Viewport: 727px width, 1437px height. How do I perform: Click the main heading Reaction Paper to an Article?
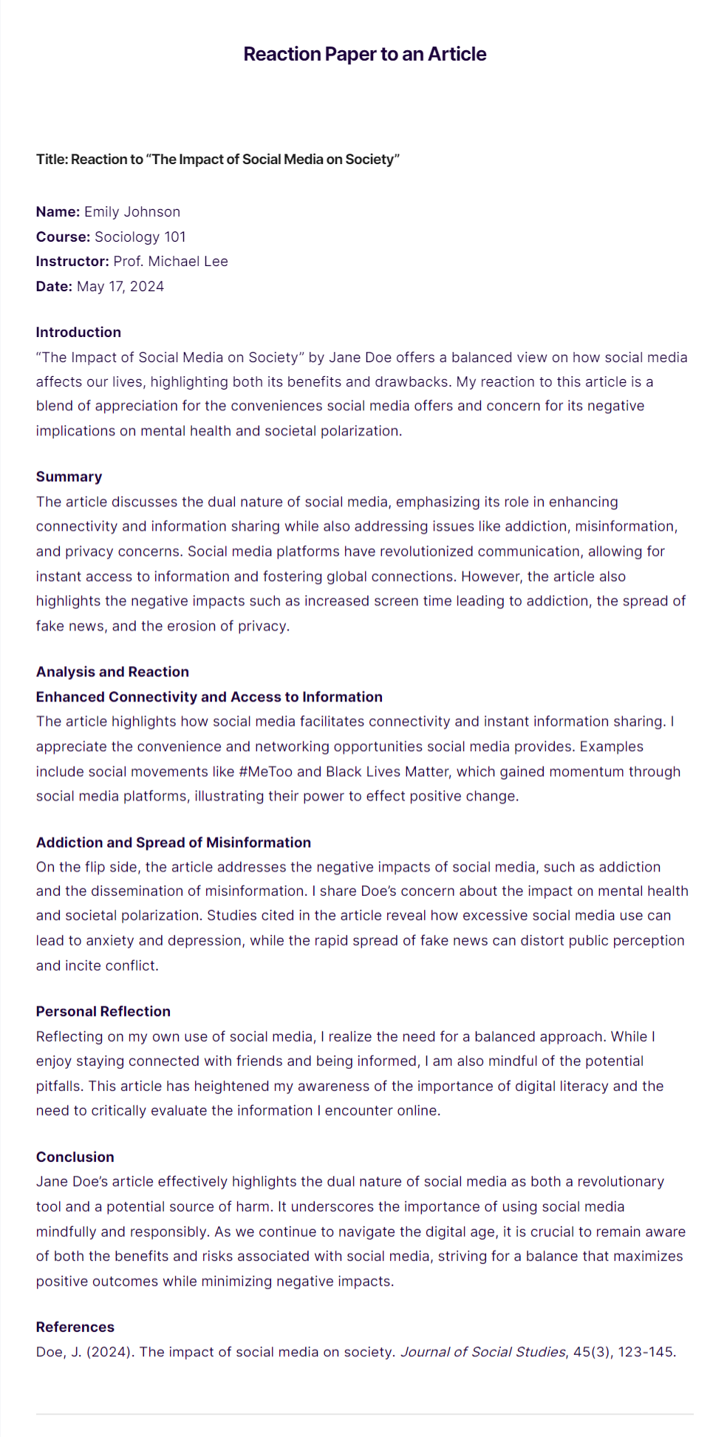click(364, 54)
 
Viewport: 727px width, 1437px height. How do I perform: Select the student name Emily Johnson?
click(132, 212)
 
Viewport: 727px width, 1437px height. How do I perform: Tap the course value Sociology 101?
click(140, 237)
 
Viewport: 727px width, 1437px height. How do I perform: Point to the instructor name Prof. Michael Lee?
click(171, 262)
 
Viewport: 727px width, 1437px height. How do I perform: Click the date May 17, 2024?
click(120, 287)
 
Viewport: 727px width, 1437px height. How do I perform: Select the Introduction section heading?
click(78, 333)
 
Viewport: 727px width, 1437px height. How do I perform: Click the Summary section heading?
click(69, 477)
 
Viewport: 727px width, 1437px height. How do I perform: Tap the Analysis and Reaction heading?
click(112, 672)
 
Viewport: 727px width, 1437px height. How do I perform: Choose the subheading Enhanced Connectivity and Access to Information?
click(209, 697)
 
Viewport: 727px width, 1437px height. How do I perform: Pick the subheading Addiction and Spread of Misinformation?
click(174, 843)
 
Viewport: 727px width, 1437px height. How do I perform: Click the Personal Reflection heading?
click(103, 1012)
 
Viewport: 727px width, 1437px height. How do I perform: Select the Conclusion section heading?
click(75, 1158)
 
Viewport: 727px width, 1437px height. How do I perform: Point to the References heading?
click(75, 1327)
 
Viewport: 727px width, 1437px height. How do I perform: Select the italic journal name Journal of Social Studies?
click(483, 1352)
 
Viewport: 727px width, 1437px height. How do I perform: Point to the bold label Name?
click(58, 212)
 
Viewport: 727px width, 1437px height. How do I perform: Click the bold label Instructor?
click(72, 262)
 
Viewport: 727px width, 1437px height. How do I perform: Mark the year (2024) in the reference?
click(109, 1352)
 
